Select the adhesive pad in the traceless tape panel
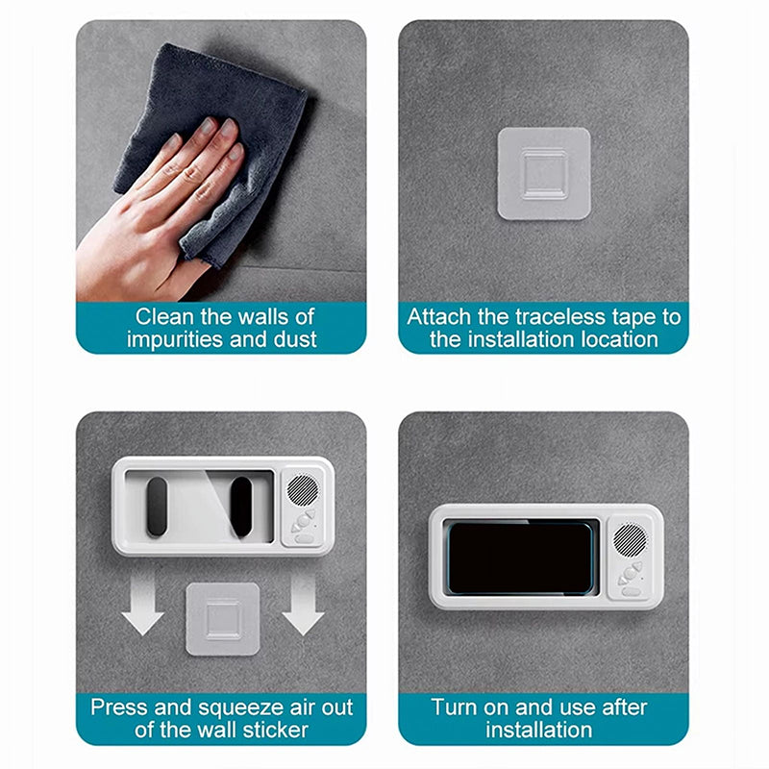(543, 174)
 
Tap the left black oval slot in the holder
(158, 506)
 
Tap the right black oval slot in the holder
(240, 506)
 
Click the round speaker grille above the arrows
(303, 489)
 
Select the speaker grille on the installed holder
(631, 538)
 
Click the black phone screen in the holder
(520, 557)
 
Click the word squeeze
(228, 707)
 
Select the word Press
(119, 707)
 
